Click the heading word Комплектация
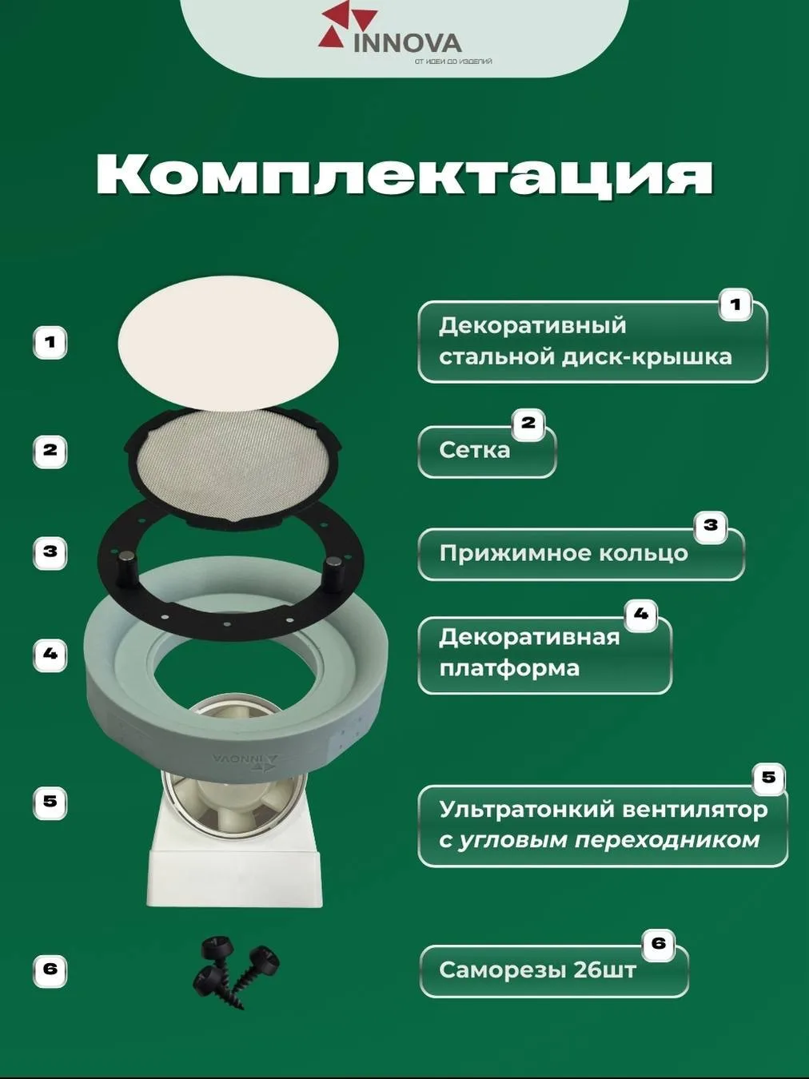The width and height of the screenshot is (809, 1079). (404, 176)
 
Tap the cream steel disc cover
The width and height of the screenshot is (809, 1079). (228, 343)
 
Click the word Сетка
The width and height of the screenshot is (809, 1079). (474, 450)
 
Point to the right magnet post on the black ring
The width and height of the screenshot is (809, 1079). (333, 569)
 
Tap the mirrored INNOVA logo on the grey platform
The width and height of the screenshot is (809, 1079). (245, 759)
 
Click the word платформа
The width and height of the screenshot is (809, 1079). (509, 668)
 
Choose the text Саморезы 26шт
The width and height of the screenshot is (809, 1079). (538, 970)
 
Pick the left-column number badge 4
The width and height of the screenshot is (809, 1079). (50, 655)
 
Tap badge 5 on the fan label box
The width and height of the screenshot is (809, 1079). (768, 777)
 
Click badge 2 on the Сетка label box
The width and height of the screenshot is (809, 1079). (528, 424)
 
